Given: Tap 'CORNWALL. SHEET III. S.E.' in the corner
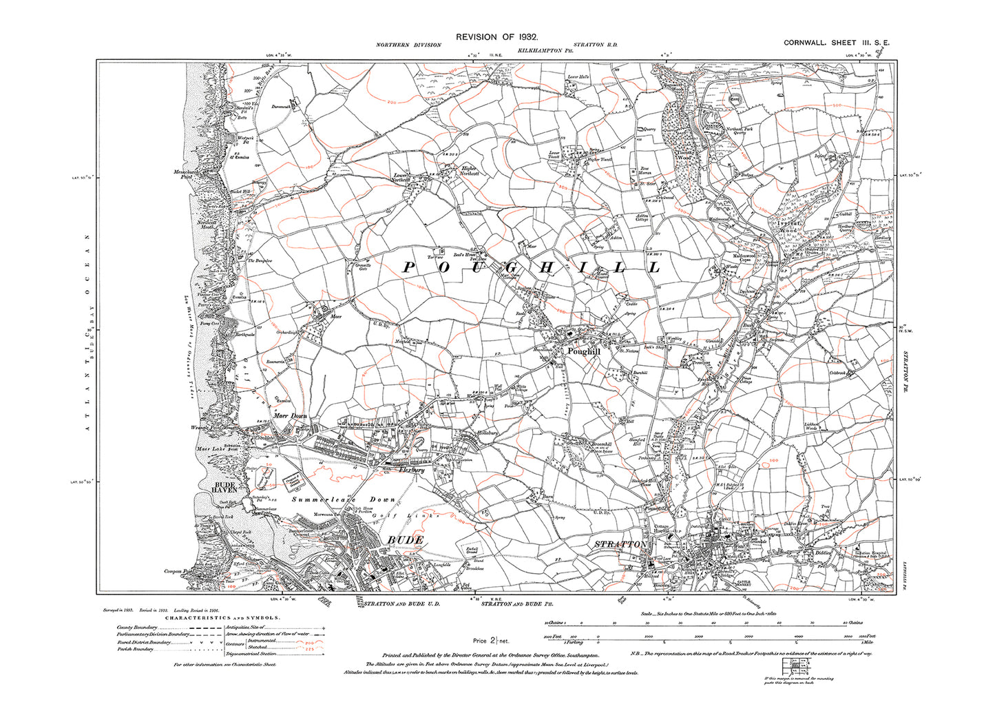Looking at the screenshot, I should tap(837, 43).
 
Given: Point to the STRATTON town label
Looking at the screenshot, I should tap(620, 544).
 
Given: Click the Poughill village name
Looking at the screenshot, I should tap(584, 351).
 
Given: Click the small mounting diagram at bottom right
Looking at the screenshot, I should tap(797, 665).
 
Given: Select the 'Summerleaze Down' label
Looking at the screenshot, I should tap(344, 499).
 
